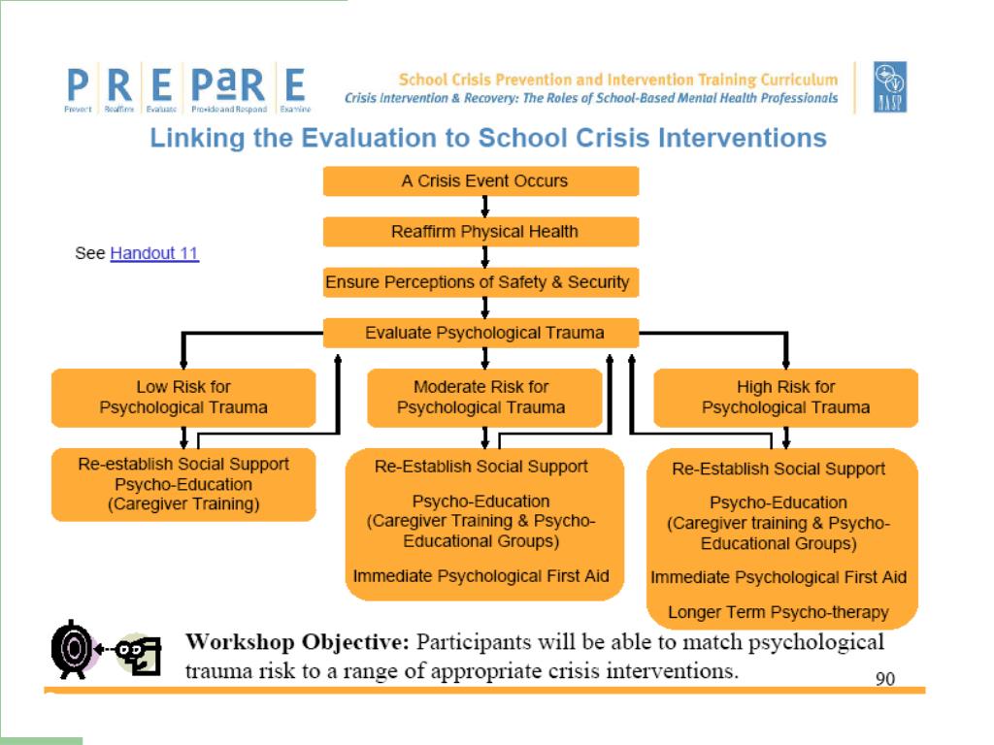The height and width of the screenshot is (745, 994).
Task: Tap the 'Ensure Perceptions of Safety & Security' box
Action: coord(480,283)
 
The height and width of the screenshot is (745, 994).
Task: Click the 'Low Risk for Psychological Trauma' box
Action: coord(183,398)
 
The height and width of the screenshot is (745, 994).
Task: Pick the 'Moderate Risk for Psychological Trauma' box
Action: coord(480,398)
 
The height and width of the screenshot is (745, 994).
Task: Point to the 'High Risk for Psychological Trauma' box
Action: coord(785,398)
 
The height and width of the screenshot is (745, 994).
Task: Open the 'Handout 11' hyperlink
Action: coord(154,254)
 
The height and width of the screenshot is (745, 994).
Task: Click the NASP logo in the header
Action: coord(889,87)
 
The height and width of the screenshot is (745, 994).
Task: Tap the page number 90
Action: coord(885,679)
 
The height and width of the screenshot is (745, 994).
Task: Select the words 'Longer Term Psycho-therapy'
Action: coord(779,612)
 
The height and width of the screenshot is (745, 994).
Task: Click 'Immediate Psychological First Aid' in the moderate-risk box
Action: coord(480,576)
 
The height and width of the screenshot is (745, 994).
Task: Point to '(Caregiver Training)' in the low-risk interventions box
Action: coord(183,504)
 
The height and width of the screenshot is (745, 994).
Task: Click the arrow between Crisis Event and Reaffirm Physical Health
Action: coord(484,207)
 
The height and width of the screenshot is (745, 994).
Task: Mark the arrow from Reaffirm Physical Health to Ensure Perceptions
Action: coord(484,257)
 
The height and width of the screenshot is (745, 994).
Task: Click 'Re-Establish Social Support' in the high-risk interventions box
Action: coord(779,470)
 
